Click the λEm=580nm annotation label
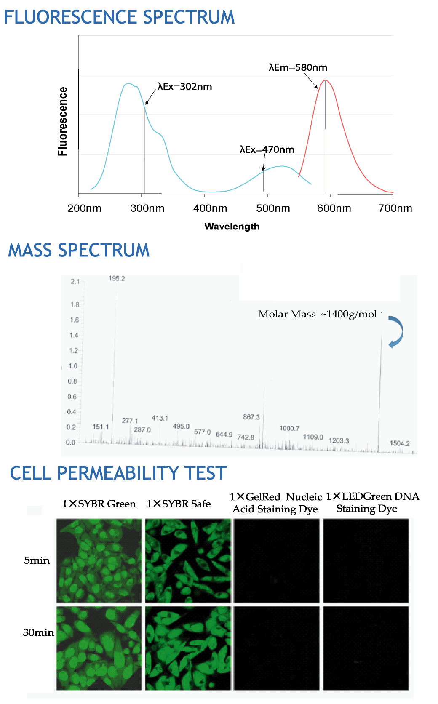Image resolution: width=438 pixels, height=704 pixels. pos(298,67)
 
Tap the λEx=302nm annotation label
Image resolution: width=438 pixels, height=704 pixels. pos(184,86)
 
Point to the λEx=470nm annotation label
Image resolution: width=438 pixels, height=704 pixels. pos(267,149)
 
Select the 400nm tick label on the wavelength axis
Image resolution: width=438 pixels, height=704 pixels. pos(210,208)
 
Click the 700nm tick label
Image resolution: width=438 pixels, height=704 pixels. pos(395,208)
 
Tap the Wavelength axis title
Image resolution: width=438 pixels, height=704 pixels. pos(232,227)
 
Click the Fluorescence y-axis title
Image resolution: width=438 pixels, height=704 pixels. pos(63,122)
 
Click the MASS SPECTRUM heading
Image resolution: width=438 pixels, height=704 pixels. pos(79,250)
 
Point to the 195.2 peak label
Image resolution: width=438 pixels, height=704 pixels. pos(117,278)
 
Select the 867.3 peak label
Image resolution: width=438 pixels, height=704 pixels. pos(251,417)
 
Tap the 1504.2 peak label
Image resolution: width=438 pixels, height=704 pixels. pos(400,443)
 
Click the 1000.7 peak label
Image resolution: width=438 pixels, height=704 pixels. pos(289,428)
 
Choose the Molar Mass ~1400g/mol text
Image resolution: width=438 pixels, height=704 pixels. pos(318,314)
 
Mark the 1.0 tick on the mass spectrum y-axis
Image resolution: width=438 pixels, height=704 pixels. pos(73,366)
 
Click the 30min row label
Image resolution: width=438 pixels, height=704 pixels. pos(38,632)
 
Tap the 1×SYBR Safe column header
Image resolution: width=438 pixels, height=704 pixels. pos(179,504)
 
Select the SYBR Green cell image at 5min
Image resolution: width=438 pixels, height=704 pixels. pos(99,561)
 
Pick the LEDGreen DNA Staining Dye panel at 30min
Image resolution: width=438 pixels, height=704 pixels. pos(366,648)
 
